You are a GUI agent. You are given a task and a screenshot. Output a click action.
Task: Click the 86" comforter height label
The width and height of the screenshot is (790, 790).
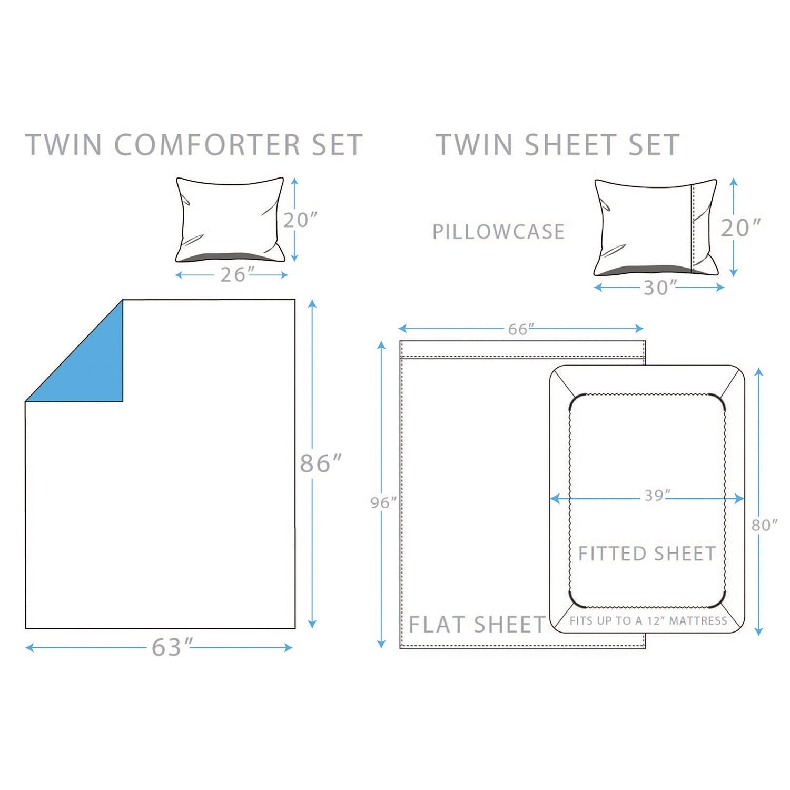coord(320,463)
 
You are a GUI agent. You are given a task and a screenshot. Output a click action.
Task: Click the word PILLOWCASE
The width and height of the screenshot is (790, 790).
coord(498,232)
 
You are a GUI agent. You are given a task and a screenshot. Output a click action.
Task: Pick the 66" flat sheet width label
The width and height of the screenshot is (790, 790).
coord(520,329)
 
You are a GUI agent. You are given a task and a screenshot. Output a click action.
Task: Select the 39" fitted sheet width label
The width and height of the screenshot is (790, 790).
coord(657,496)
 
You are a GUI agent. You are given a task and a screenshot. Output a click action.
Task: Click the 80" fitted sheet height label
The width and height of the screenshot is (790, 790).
coord(764,525)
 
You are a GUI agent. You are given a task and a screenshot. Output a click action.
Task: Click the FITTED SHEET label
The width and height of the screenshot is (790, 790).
coord(647,554)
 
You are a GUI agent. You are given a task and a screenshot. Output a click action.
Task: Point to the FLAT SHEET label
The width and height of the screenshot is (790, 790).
coord(477,625)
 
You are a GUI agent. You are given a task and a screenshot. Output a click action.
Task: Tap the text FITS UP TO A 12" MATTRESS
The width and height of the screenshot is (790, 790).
coord(648,621)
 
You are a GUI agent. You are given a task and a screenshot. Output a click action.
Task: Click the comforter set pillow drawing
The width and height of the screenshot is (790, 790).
coord(230,220)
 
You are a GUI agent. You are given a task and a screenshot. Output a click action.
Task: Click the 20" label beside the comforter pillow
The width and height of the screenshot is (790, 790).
coord(300,220)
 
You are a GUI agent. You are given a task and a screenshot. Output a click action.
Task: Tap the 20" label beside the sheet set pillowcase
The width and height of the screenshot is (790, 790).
coord(740,228)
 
